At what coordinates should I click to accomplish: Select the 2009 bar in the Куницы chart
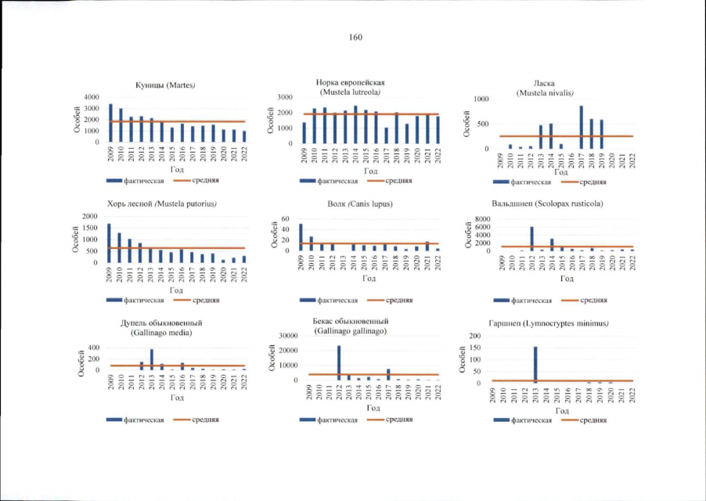click(110, 123)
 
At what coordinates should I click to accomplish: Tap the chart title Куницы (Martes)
click(164, 85)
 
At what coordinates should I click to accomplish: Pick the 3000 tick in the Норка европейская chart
click(285, 97)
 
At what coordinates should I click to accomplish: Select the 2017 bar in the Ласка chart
click(582, 127)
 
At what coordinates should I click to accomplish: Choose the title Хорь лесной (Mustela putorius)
click(163, 204)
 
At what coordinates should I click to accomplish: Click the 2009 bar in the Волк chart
click(301, 237)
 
